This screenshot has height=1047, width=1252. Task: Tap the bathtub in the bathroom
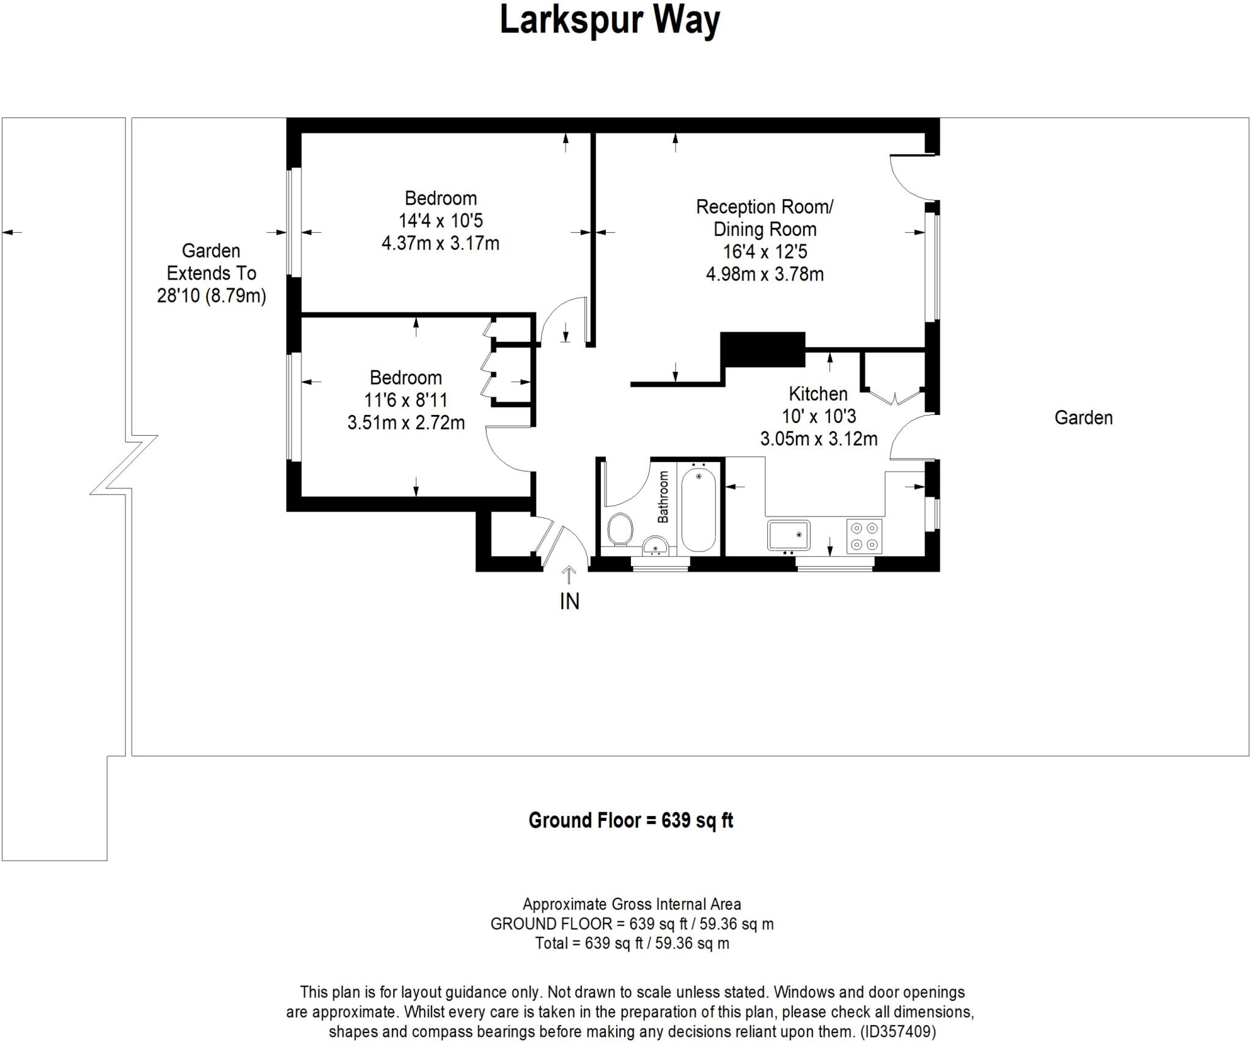pyautogui.click(x=698, y=509)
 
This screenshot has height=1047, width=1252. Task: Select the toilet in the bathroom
pyautogui.click(x=620, y=529)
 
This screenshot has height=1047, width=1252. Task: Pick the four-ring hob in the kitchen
pyautogui.click(x=864, y=536)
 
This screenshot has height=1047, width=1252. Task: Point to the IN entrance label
pyautogui.click(x=569, y=602)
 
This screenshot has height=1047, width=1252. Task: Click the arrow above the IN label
pyautogui.click(x=569, y=575)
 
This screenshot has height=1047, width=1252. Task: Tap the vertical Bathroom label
pyautogui.click(x=663, y=497)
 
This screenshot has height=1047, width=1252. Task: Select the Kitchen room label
pyautogui.click(x=818, y=394)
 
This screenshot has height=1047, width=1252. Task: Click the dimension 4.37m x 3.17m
pyautogui.click(x=440, y=243)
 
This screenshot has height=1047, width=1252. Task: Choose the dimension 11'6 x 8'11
pyautogui.click(x=406, y=400)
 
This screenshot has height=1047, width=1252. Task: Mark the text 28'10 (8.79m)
pyautogui.click(x=212, y=296)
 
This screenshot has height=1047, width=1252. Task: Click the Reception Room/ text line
pyautogui.click(x=764, y=207)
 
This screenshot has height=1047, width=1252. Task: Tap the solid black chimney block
pyautogui.click(x=762, y=349)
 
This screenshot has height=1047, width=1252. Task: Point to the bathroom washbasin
pyautogui.click(x=655, y=545)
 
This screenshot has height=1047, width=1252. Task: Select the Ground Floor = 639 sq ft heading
pyautogui.click(x=630, y=820)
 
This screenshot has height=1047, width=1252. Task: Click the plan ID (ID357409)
pyautogui.click(x=898, y=1032)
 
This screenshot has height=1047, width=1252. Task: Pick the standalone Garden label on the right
pyautogui.click(x=1083, y=418)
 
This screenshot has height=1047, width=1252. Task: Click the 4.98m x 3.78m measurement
pyautogui.click(x=764, y=274)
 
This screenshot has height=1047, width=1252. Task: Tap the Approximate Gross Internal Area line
pyautogui.click(x=632, y=904)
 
